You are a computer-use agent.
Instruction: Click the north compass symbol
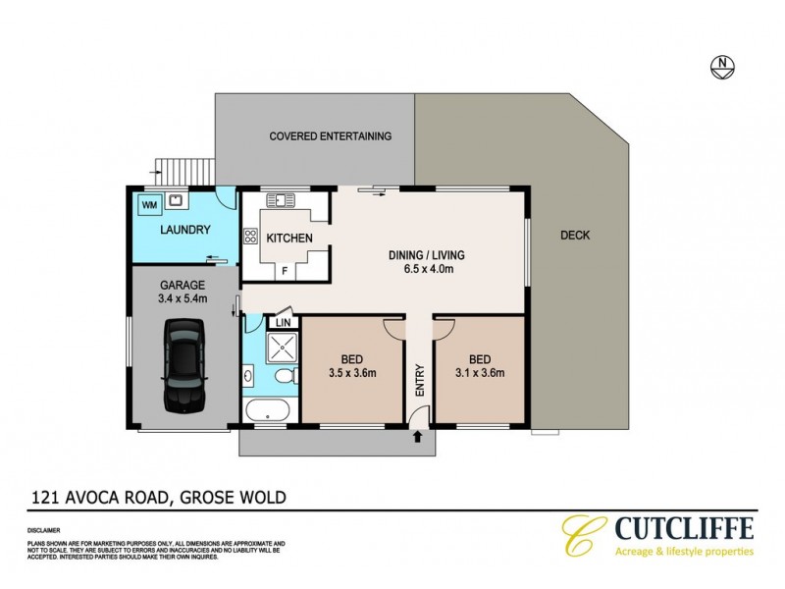click(x=722, y=67)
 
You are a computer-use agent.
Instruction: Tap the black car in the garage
click(x=185, y=369)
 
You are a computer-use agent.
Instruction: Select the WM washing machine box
click(x=150, y=204)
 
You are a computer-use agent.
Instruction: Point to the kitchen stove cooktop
click(x=249, y=236)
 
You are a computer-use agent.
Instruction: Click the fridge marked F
click(x=286, y=269)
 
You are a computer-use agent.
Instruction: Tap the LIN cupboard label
click(x=283, y=322)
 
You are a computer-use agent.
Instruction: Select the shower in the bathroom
click(x=282, y=348)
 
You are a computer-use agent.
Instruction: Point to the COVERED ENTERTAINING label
click(x=331, y=136)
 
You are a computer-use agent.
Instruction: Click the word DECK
click(x=574, y=236)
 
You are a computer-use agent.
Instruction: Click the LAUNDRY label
click(x=184, y=230)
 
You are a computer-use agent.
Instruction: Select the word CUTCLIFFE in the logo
click(x=684, y=530)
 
